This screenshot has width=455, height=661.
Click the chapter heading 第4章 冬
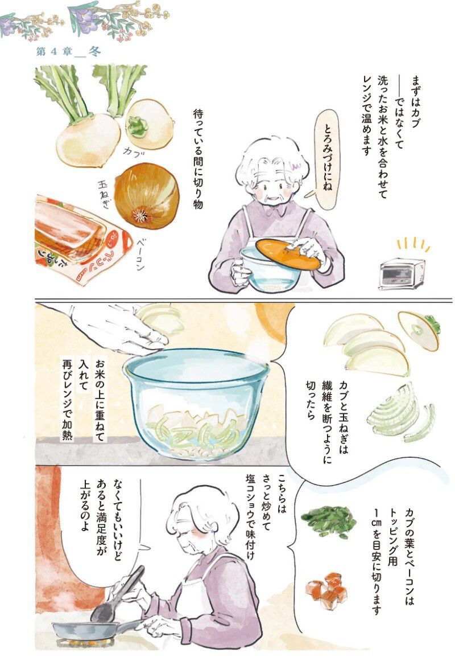click(69, 52)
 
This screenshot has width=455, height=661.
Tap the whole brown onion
click(146, 196)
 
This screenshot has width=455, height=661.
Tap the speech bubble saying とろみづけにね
click(326, 159)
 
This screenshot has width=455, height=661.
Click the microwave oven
click(401, 273)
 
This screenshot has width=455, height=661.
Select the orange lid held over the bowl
click(288, 254)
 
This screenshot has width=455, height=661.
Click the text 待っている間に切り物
click(197, 159)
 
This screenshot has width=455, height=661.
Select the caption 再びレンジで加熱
click(68, 400)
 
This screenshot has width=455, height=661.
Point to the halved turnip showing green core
click(150, 124)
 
